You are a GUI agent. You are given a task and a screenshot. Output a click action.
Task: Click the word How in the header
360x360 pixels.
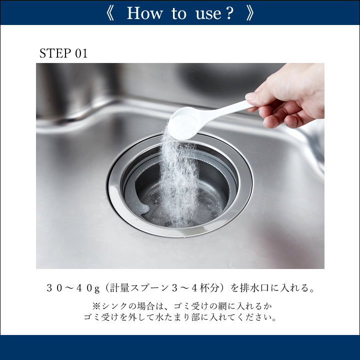tap(144, 13)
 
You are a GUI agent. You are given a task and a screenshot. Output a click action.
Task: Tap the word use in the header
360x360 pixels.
tap(208, 14)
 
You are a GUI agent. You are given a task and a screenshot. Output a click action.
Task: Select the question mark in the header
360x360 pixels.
tap(229, 13)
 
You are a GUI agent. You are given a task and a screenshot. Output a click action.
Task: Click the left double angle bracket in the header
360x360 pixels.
tap(110, 13)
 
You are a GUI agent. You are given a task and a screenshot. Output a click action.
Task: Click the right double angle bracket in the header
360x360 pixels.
tap(250, 13)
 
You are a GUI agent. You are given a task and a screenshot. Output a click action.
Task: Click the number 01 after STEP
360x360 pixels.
tap(81, 53)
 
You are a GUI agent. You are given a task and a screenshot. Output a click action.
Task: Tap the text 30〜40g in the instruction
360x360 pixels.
tap(73, 288)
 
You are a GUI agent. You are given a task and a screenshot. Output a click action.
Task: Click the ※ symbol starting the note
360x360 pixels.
tap(96, 306)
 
